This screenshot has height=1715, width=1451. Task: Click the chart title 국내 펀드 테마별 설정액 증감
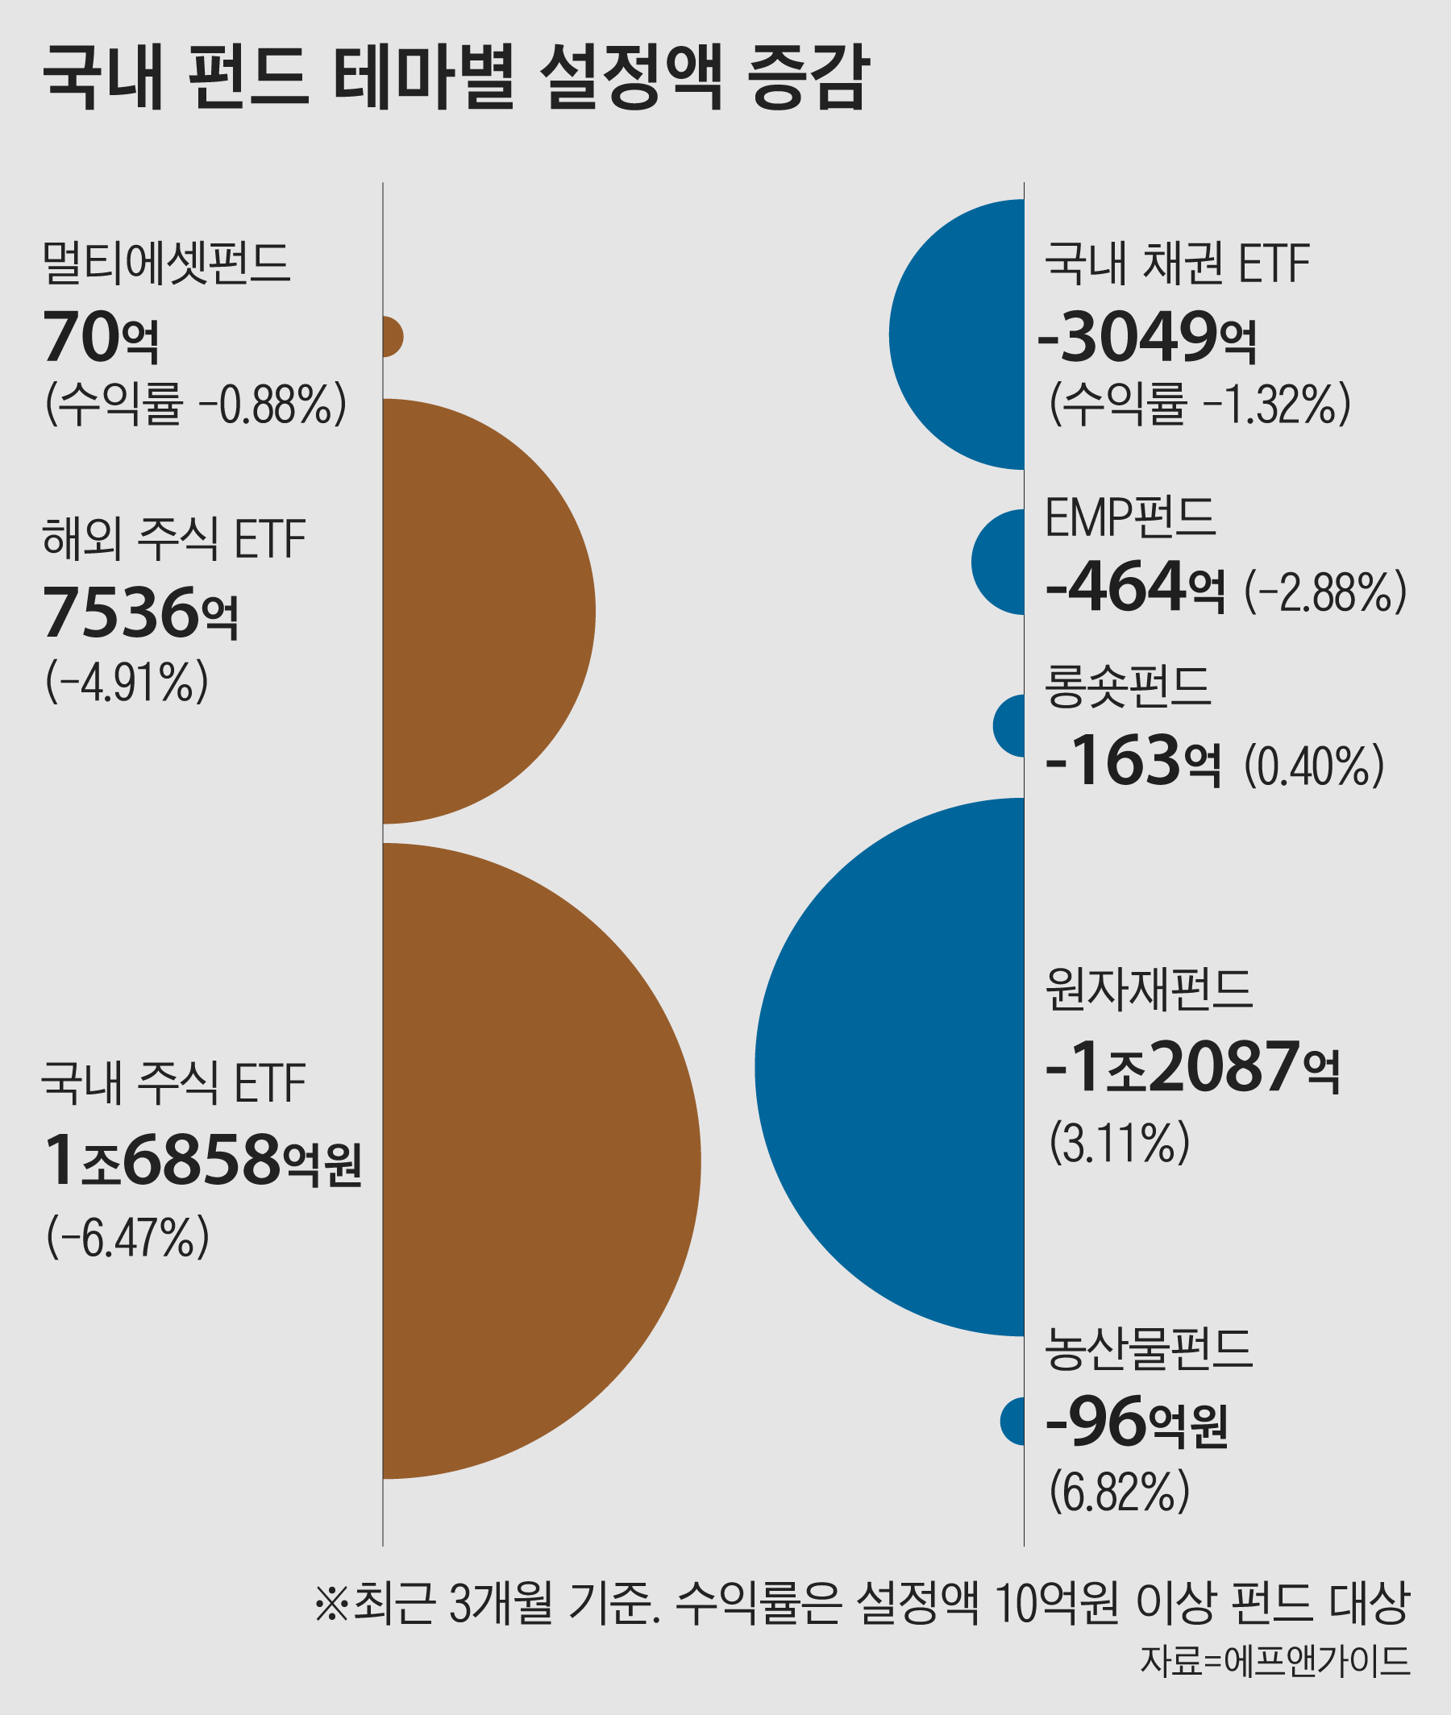(455, 77)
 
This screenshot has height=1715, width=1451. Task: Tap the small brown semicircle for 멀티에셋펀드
(393, 336)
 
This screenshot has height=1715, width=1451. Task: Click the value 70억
(100, 337)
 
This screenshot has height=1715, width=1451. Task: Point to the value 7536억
(139, 613)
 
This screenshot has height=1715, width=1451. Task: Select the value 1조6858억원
(202, 1160)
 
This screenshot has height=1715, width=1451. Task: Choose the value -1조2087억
(1193, 1067)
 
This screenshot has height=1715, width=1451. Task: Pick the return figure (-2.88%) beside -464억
(1325, 592)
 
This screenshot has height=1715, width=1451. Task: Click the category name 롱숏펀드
(1128, 687)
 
